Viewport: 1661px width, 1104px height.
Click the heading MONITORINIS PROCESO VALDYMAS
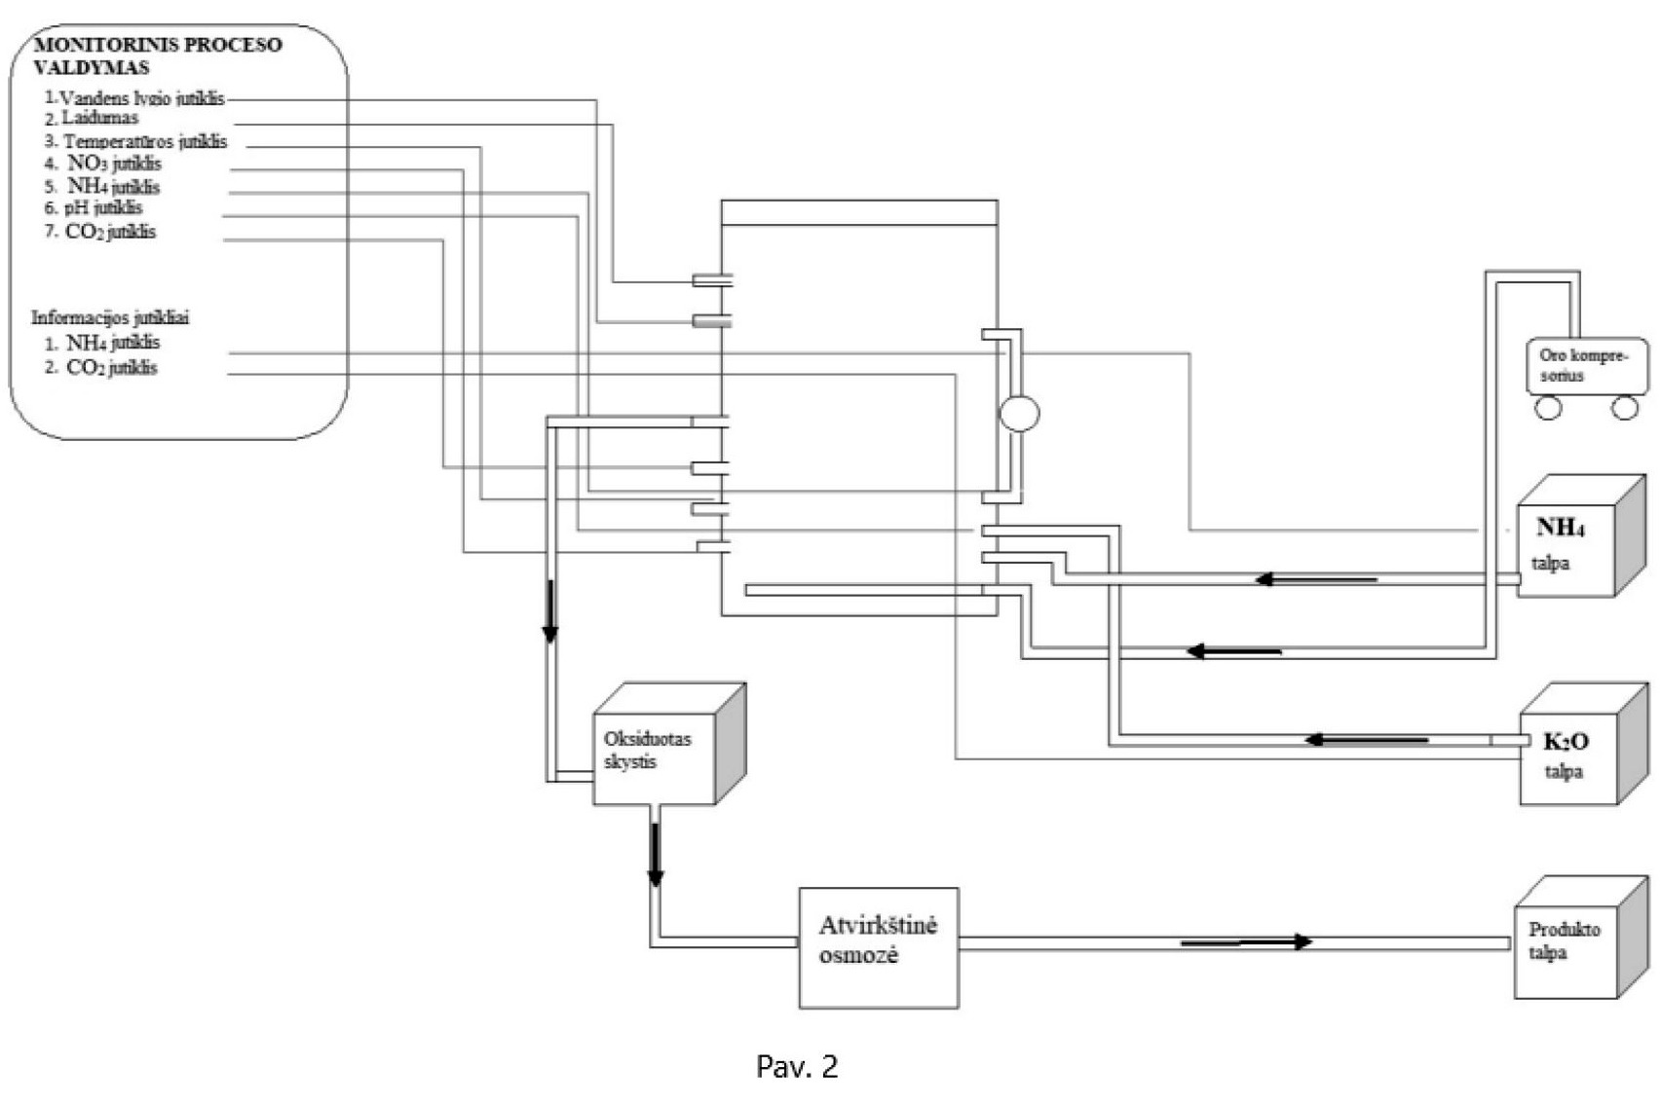pyautogui.click(x=157, y=55)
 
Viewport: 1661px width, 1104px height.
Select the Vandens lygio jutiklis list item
pyautogui.click(x=141, y=98)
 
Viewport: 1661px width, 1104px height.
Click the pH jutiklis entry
pyautogui.click(x=103, y=208)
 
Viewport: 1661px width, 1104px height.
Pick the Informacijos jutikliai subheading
pyautogui.click(x=110, y=317)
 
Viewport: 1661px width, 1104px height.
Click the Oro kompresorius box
pyautogui.click(x=1586, y=366)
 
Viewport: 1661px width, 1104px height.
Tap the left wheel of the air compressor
pyautogui.click(x=1548, y=408)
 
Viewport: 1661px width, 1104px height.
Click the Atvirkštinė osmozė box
pyautogui.click(x=879, y=946)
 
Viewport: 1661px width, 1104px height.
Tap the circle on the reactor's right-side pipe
pyautogui.click(x=1019, y=413)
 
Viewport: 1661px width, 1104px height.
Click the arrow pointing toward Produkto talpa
pyautogui.click(x=1247, y=941)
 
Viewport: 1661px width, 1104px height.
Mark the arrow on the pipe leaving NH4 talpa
pyautogui.click(x=1315, y=579)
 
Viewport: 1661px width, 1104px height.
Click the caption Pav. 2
pyautogui.click(x=797, y=1067)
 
